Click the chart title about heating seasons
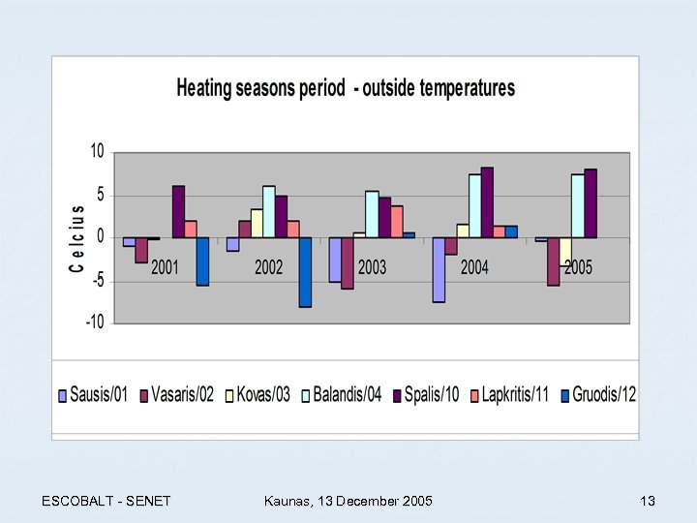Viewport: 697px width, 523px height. (x=346, y=88)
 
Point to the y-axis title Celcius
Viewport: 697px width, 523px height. (x=77, y=237)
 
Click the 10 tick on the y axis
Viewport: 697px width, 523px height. (x=97, y=151)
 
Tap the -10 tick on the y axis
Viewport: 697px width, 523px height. (x=94, y=323)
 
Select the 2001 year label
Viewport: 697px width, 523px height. (x=165, y=267)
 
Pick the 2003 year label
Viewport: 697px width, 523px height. (x=372, y=267)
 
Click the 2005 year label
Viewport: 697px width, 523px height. (x=578, y=267)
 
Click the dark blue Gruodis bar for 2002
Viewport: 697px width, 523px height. (x=305, y=272)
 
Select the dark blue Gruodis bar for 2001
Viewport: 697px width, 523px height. (x=202, y=261)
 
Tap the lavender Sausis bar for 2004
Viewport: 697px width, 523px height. (x=439, y=270)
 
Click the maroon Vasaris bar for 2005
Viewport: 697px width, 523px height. (x=553, y=261)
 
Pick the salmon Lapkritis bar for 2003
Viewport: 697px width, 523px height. (x=396, y=221)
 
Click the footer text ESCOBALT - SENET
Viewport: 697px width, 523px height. (x=106, y=501)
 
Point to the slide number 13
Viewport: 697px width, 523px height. (x=648, y=501)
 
